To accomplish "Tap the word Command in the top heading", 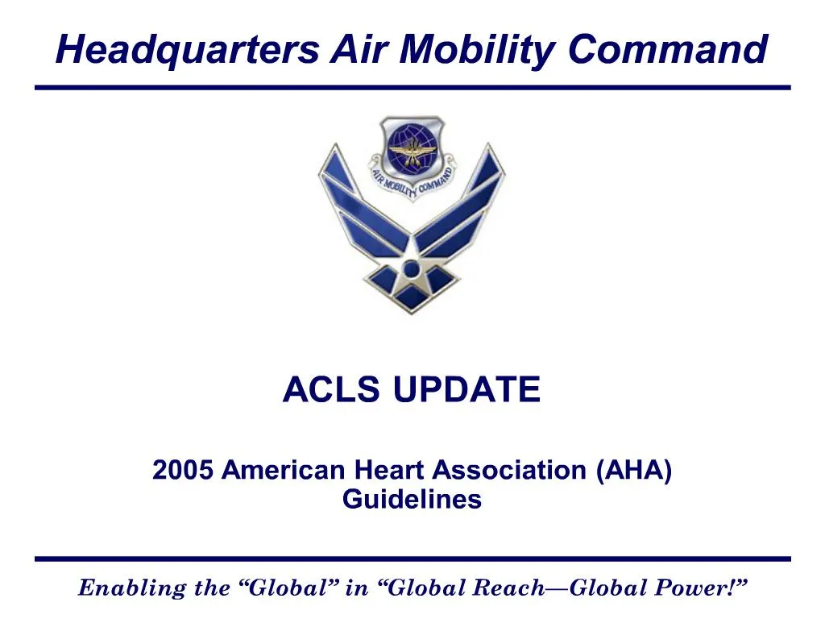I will (667, 50).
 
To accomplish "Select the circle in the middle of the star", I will (412, 268).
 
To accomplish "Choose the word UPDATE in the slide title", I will (466, 391).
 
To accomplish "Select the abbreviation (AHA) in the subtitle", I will (634, 470).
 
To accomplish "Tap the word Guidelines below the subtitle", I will (412, 499).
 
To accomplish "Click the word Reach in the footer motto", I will (513, 588).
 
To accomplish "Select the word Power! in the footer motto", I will (702, 588).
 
